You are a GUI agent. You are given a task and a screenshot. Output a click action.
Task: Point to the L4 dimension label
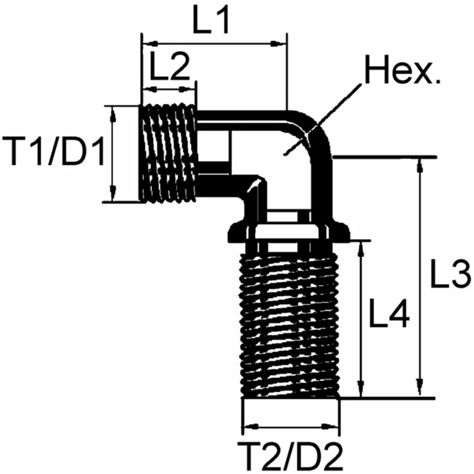coord(389,313)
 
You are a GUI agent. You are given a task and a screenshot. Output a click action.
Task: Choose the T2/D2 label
coord(290,455)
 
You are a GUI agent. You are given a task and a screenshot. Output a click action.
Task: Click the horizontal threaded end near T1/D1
coord(168,153)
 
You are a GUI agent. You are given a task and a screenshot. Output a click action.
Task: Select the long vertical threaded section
coord(290,324)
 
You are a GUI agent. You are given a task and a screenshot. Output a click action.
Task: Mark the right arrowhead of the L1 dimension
coord(278,43)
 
